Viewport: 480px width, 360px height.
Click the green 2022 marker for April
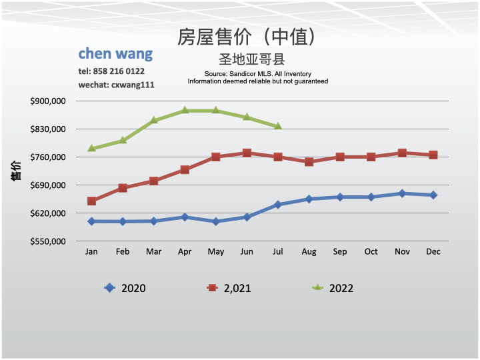(185, 110)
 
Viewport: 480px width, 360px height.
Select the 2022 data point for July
(278, 126)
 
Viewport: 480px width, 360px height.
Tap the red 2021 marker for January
(91, 201)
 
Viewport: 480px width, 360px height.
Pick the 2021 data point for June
(247, 153)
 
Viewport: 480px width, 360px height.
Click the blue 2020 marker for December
(433, 195)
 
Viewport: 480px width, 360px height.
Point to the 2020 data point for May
(215, 221)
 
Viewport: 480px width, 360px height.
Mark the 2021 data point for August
(309, 161)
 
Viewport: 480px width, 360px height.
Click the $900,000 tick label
(48, 101)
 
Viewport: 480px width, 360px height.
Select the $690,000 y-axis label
(48, 185)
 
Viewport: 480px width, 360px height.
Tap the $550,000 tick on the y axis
(48, 241)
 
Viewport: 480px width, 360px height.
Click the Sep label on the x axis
(340, 251)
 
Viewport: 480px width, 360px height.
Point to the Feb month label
(123, 251)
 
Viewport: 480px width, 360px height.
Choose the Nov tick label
(402, 251)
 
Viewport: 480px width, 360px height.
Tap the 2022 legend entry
(333, 288)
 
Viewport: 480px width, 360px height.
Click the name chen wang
(115, 53)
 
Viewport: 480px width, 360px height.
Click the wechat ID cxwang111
(133, 85)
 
